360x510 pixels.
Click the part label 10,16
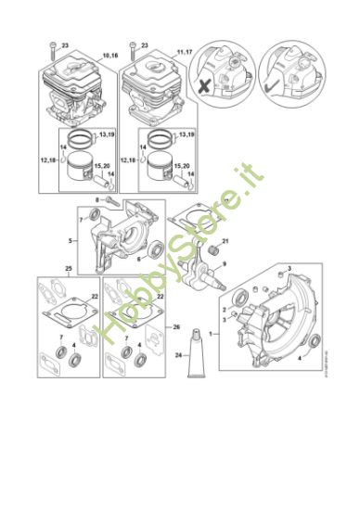[x=109, y=57]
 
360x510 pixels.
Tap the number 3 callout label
[x=289, y=267]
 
